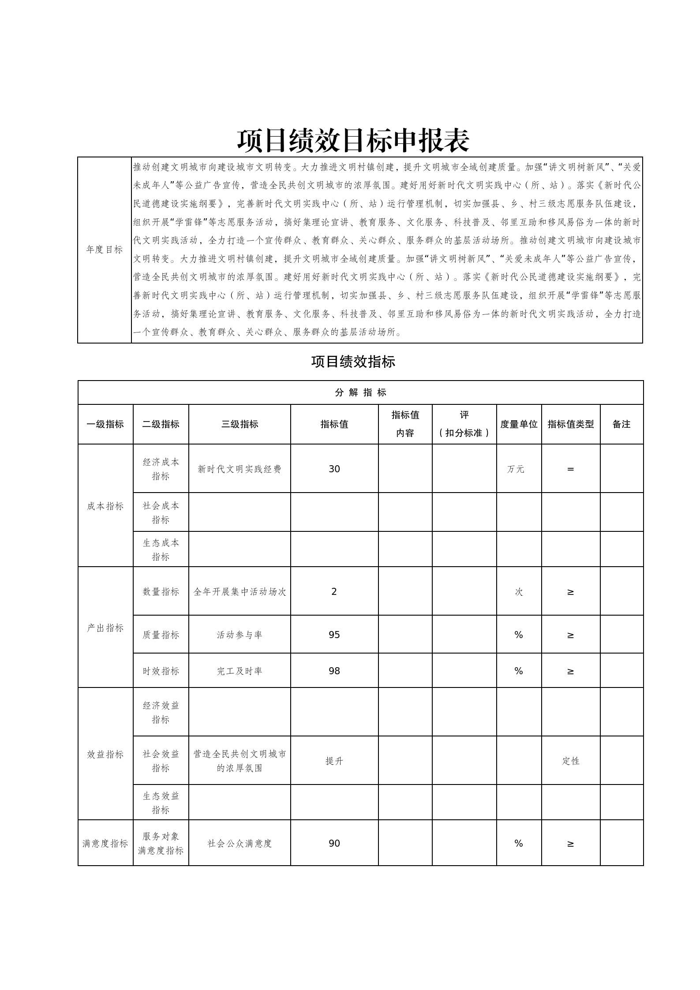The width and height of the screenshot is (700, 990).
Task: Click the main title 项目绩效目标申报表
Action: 353,141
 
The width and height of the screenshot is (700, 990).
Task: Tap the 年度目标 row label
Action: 105,250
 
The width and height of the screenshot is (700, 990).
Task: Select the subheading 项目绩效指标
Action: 353,362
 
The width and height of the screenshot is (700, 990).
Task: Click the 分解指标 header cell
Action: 360,392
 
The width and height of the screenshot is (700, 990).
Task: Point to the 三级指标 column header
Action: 240,424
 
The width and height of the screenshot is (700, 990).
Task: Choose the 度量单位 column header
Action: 519,424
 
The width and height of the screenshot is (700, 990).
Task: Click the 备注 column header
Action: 621,424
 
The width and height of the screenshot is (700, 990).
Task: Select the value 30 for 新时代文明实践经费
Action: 334,469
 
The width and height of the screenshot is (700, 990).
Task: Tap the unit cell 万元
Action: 516,469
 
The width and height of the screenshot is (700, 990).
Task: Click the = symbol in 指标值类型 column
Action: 570,469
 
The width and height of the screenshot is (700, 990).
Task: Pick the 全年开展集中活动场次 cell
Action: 240,592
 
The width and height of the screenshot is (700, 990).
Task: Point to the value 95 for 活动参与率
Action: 334,635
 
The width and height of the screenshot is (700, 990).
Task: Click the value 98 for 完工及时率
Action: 334,671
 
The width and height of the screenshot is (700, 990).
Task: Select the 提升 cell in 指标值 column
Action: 334,761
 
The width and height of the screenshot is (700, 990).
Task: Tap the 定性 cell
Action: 571,761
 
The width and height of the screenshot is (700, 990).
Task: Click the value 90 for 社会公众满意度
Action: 334,843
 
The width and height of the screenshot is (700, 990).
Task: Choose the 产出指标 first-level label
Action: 105,628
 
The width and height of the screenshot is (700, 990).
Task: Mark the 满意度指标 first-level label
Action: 105,843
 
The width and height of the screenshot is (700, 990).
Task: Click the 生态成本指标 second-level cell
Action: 161,549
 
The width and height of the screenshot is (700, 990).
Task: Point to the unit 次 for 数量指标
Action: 519,592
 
